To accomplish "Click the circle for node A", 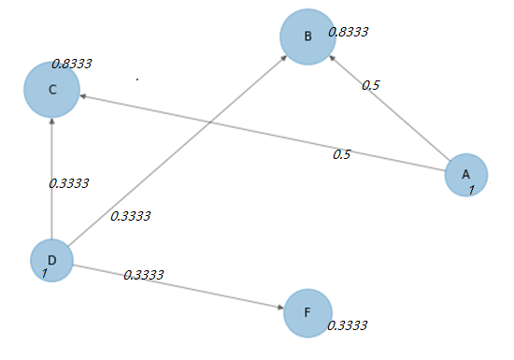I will (x=465, y=174).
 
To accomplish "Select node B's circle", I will (x=307, y=36).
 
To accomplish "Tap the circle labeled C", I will (x=52, y=89).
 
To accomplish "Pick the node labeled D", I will (x=51, y=260).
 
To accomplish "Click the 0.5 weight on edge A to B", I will (x=371, y=85).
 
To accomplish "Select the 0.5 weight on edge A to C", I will (x=341, y=154).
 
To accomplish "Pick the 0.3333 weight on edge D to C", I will (x=67, y=183).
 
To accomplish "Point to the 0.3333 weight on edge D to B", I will (x=130, y=216).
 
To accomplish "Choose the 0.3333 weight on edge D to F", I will (x=144, y=275).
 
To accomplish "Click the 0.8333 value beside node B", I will (x=348, y=31).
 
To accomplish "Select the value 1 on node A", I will (x=472, y=190).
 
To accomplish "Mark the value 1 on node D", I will (x=44, y=274).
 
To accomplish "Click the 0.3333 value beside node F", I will (x=348, y=325).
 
